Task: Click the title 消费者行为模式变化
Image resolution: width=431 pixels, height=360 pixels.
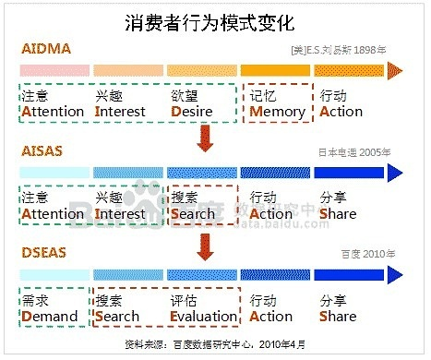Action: click(215, 21)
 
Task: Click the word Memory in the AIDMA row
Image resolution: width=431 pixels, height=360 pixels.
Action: click(278, 112)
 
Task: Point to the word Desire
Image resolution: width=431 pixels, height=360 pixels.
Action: click(193, 112)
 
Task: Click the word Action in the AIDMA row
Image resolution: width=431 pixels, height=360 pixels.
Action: click(341, 112)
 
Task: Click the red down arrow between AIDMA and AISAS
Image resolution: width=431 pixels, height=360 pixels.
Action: click(205, 139)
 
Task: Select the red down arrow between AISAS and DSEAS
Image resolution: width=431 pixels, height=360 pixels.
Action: click(205, 243)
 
